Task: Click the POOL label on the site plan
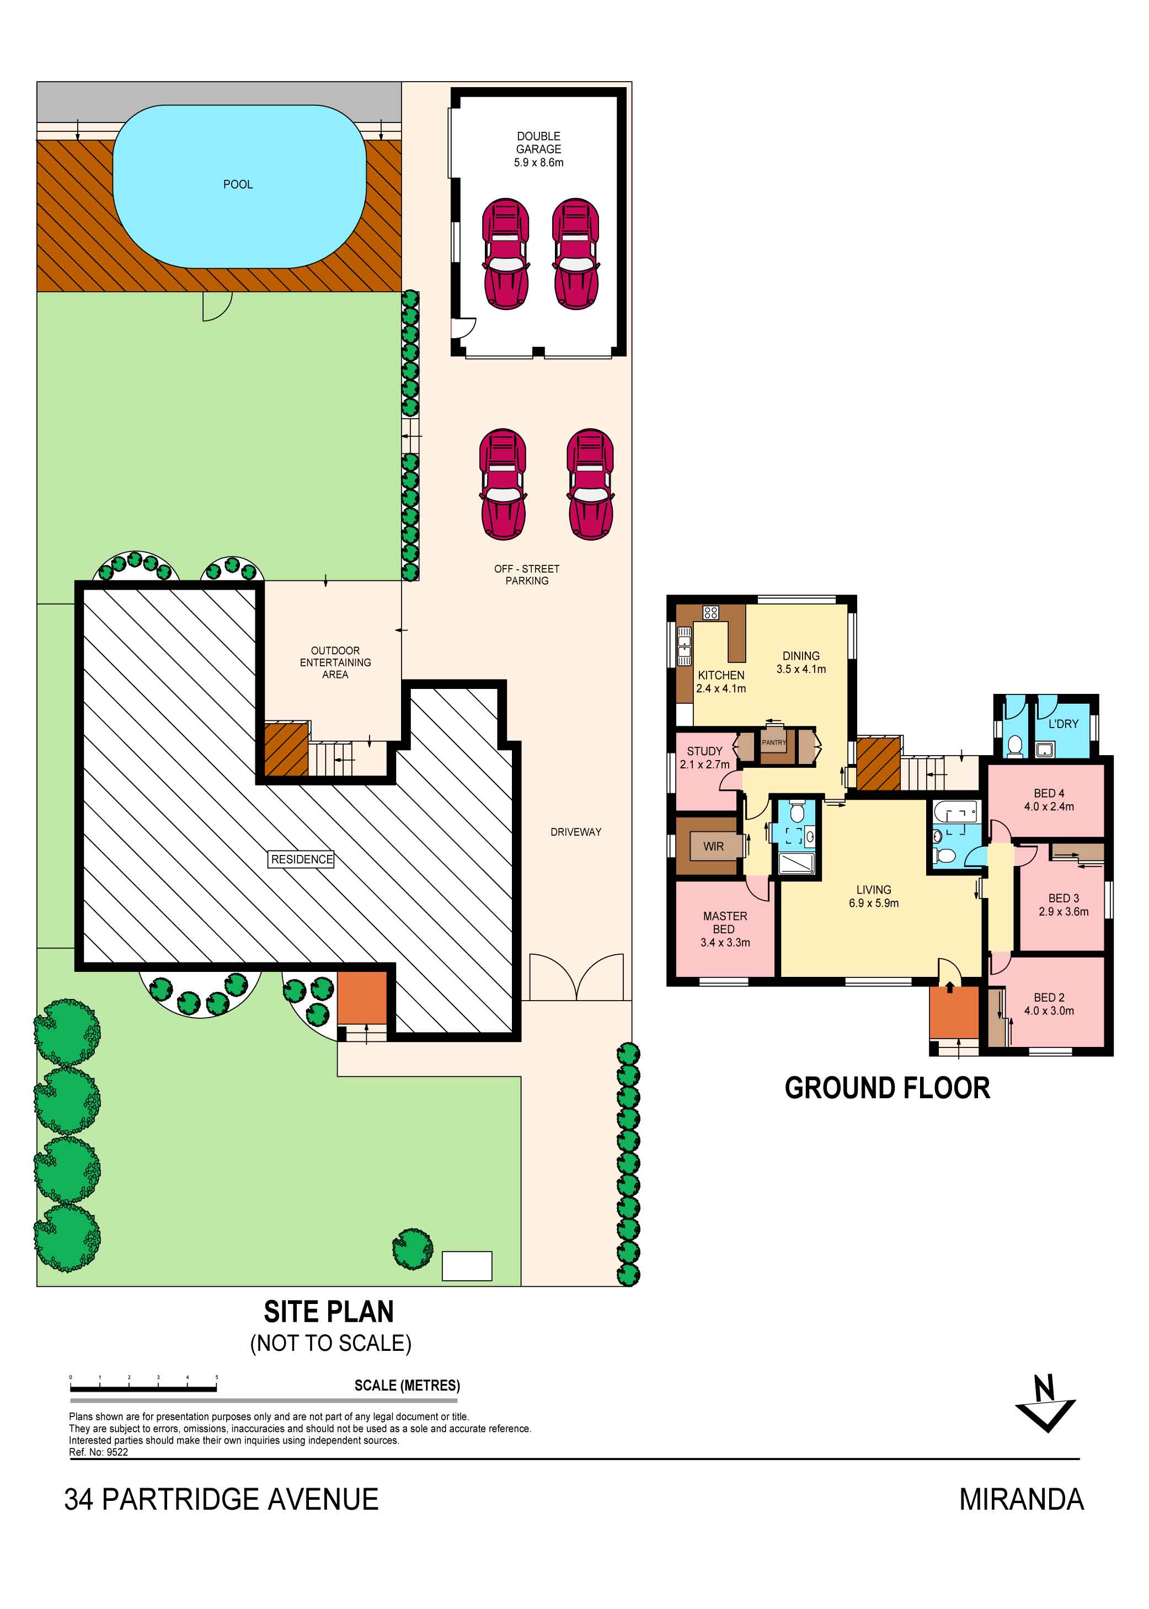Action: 238,185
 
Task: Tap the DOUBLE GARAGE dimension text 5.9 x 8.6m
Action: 538,163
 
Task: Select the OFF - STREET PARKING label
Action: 526,575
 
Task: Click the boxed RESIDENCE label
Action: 302,859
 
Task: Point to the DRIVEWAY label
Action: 576,832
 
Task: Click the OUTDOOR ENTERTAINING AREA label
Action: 335,662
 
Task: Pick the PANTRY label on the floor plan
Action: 773,742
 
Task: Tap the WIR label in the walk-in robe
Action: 713,846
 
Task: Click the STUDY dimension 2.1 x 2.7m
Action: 705,764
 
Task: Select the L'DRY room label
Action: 1064,724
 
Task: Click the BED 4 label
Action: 1049,793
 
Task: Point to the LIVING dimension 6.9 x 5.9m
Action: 874,903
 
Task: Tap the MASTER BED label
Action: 724,922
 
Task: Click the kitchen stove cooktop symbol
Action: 710,613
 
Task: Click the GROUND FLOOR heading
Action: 887,1088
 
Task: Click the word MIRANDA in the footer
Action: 1021,1499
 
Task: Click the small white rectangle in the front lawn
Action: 467,1266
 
